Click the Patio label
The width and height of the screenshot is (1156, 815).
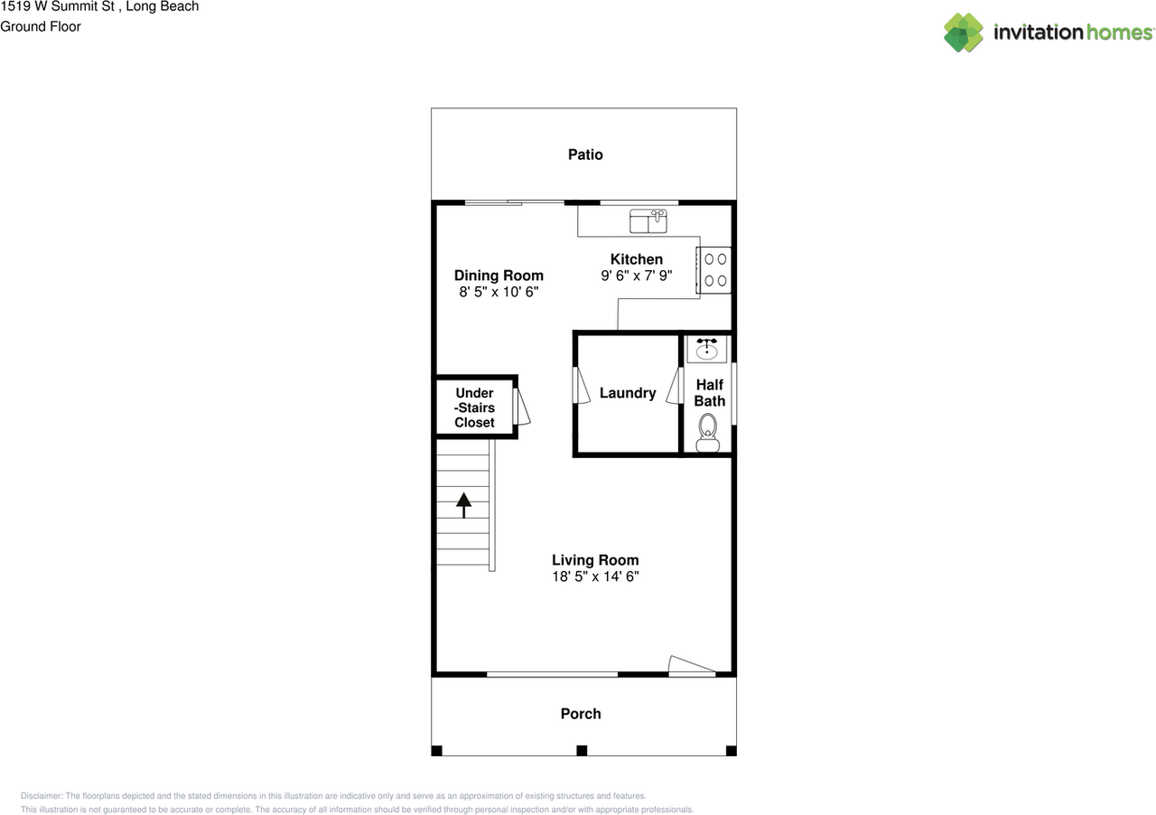pos(585,155)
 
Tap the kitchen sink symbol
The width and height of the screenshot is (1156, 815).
pos(648,220)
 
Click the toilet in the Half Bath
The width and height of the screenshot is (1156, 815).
pos(708,431)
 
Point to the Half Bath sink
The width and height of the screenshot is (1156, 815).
pos(707,348)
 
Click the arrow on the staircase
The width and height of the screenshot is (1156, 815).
pos(464,504)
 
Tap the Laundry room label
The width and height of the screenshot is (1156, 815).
pos(628,393)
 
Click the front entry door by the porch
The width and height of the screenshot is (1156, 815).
pos(691,668)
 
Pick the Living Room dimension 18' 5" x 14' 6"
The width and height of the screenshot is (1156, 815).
pos(595,576)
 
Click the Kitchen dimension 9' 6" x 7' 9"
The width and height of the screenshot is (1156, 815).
pos(637,276)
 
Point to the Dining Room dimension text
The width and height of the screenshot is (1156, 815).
pos(499,293)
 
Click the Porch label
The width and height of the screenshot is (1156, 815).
pos(581,714)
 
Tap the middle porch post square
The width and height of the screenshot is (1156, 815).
pos(582,750)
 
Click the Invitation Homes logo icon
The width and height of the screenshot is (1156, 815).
pos(964,33)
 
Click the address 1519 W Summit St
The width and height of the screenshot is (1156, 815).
pos(58,6)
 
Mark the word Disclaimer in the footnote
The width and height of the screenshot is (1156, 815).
pos(41,796)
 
